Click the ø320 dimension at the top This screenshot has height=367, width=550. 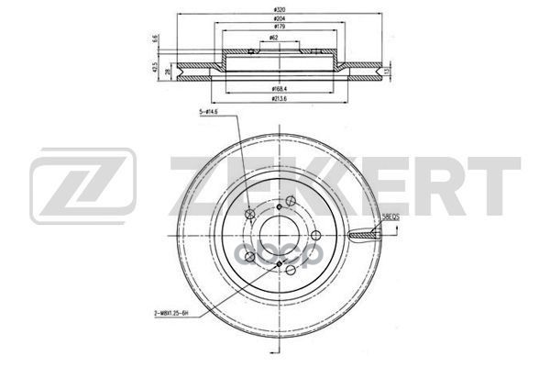[x=276, y=8]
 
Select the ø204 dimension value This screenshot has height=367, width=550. [x=276, y=19]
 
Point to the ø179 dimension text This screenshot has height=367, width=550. [x=276, y=28]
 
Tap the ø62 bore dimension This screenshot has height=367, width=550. [x=275, y=39]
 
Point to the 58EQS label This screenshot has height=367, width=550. [x=390, y=217]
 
